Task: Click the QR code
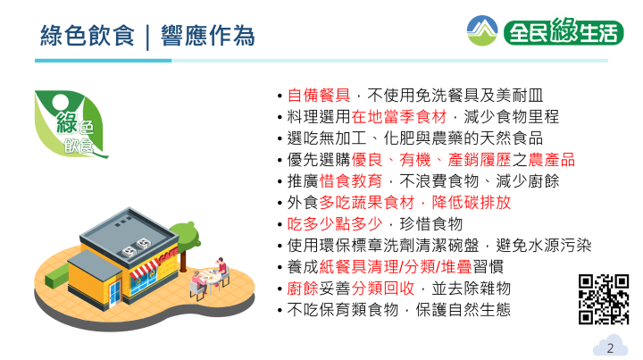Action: [604, 299]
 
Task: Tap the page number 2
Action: [610, 348]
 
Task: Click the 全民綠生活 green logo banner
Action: [564, 31]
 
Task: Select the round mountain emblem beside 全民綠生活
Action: [482, 30]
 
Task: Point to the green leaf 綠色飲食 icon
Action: [71, 124]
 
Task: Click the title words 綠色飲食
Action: [88, 36]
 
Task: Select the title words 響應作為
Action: [208, 36]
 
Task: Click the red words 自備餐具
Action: [319, 96]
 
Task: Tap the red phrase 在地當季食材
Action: [399, 117]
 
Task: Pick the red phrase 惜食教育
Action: [351, 180]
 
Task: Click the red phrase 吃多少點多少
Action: [335, 224]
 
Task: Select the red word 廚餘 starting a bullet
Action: [303, 289]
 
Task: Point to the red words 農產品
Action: [552, 160]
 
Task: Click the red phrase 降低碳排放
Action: [472, 203]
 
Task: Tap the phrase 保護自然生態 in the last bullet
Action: [463, 310]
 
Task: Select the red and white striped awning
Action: [145, 268]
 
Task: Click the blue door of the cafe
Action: [115, 293]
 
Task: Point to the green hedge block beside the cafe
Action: [56, 276]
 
